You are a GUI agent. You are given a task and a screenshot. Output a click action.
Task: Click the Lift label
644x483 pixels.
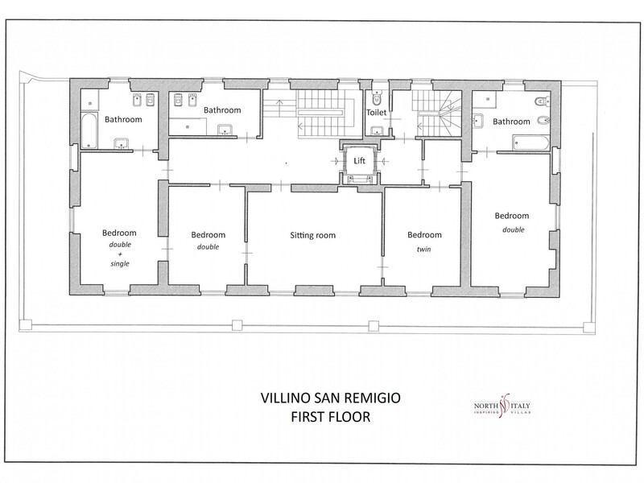click(x=359, y=160)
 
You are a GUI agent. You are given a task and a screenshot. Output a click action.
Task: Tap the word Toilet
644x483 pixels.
click(x=376, y=112)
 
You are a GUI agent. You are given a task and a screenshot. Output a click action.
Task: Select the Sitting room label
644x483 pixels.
click(x=312, y=235)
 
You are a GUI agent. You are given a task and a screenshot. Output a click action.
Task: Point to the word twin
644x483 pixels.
click(x=424, y=249)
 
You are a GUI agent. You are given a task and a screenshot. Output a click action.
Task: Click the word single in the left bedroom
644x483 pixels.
click(x=119, y=264)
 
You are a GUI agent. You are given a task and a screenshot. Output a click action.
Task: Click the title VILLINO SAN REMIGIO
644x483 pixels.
click(x=331, y=398)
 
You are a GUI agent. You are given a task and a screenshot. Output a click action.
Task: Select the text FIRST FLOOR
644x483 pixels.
click(x=331, y=417)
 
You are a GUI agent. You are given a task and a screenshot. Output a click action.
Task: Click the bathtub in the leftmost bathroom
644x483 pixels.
click(x=89, y=130)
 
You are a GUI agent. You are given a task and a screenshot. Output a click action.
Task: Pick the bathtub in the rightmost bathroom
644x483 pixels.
click(x=530, y=143)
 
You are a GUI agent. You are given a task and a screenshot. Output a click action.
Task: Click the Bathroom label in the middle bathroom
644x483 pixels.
click(x=222, y=110)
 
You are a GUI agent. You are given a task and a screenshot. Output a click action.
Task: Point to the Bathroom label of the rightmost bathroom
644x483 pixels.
click(x=511, y=122)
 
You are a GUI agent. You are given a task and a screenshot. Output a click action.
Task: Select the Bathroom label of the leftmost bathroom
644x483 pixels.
click(x=123, y=119)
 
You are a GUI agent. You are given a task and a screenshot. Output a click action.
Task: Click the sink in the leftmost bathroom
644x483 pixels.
click(x=122, y=144)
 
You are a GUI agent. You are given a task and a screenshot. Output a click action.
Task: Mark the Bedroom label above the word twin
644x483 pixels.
click(x=424, y=235)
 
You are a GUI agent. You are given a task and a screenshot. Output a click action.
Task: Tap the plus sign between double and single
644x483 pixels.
click(x=120, y=254)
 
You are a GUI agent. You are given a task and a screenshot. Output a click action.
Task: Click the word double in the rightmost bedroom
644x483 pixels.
click(x=514, y=230)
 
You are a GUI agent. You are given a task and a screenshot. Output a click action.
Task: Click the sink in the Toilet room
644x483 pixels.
click(x=377, y=131)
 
